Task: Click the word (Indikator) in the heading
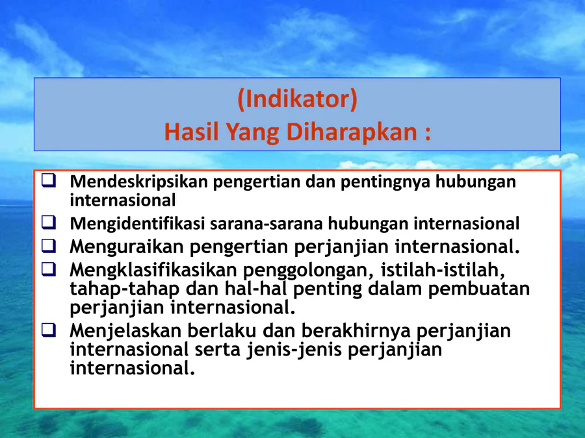tap(297, 99)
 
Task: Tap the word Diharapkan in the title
tap(352, 132)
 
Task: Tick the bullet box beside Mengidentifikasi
tap(49, 223)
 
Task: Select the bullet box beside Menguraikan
tap(49, 246)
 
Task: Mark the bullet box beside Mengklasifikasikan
tap(49, 269)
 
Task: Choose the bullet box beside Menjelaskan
tap(49, 330)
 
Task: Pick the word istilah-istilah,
tap(443, 270)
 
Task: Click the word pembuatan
tap(479, 289)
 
